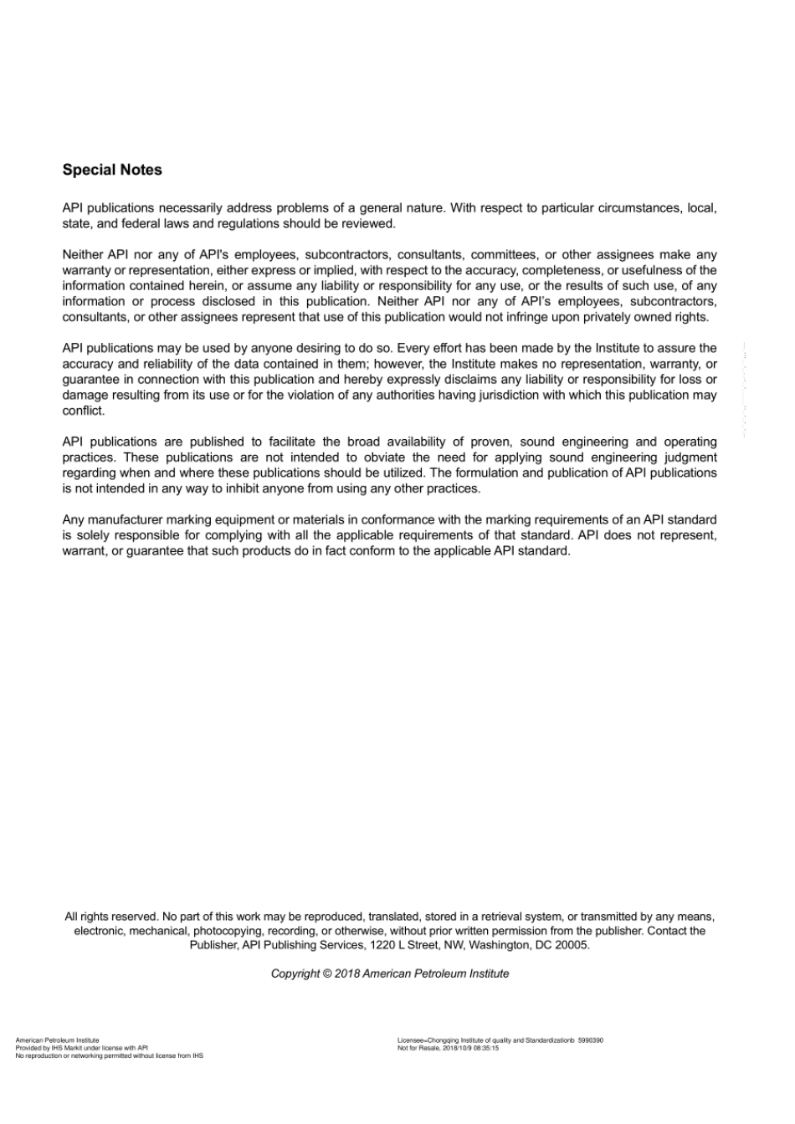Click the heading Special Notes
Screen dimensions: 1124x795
(112, 170)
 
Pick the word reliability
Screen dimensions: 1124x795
(165, 364)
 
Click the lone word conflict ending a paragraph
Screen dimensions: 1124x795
(83, 411)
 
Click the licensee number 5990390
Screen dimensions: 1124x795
(591, 1040)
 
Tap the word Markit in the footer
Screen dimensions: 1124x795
(70, 1048)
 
